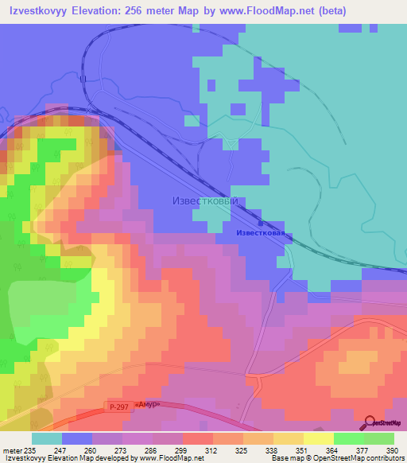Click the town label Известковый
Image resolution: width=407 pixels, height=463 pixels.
pyautogui.click(x=205, y=201)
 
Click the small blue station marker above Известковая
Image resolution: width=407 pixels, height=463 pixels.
pyautogui.click(x=261, y=224)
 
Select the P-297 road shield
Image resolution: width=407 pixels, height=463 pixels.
pyautogui.click(x=118, y=406)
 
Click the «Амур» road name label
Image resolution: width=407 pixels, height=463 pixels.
pyautogui.click(x=147, y=403)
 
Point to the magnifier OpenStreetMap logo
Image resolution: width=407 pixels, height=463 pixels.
pyautogui.click(x=370, y=422)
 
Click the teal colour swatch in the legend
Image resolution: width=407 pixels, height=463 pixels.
pyautogui.click(x=47, y=438)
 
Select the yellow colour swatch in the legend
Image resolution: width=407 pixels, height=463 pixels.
pyautogui.click(x=318, y=438)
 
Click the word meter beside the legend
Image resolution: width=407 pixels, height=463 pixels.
pyautogui.click(x=13, y=449)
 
